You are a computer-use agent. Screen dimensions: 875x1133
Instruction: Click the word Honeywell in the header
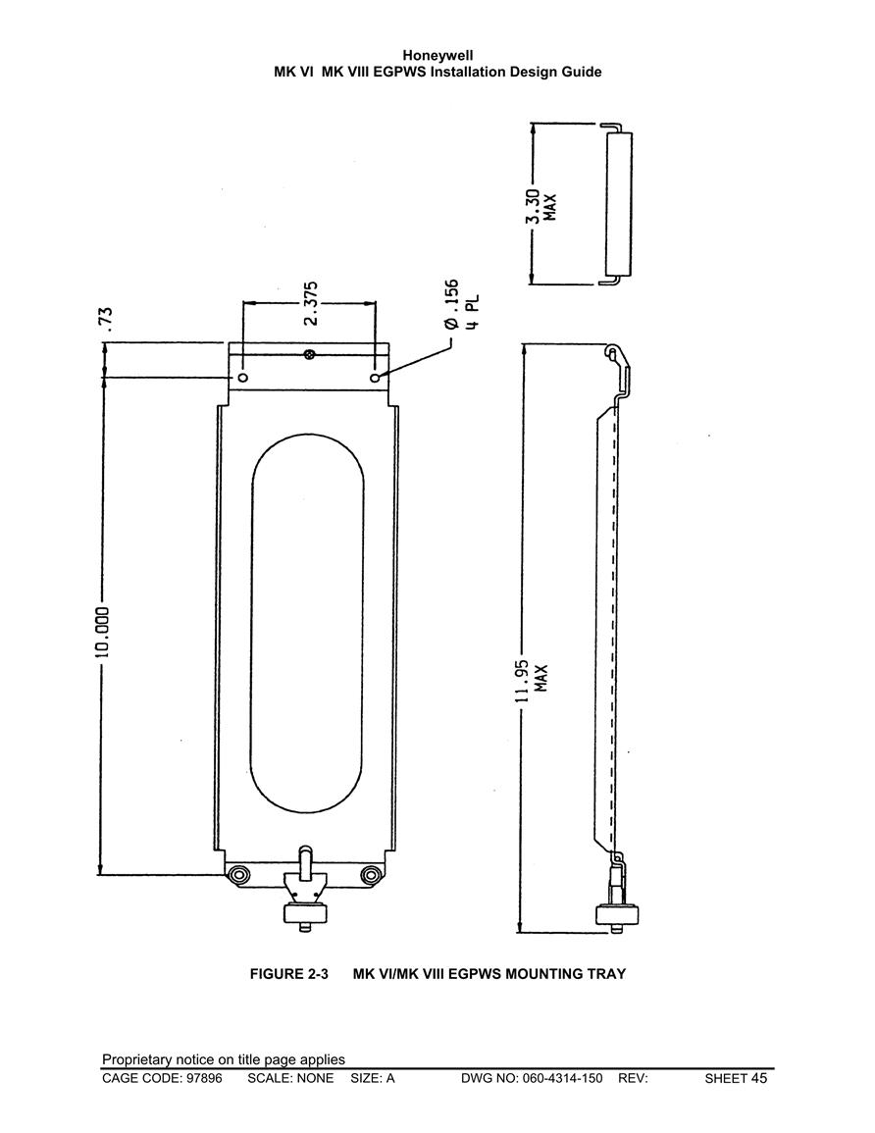pos(437,56)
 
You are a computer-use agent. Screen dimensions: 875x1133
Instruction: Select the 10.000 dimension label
pos(103,632)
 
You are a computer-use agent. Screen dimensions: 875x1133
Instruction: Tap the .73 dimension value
pos(106,319)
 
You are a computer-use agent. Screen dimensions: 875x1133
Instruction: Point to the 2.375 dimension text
pos(310,303)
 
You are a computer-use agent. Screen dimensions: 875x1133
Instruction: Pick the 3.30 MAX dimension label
pos(540,207)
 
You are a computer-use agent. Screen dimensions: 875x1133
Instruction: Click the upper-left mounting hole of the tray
pos(242,378)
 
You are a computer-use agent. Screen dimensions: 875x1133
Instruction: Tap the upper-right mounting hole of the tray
pos(375,378)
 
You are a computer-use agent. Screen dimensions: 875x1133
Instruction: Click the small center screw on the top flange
pos(309,354)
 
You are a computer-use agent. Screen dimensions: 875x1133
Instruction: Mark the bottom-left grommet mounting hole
pos(237,875)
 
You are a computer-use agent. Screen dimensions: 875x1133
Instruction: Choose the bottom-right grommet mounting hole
pos(372,875)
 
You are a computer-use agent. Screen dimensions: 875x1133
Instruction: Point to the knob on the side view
pos(618,915)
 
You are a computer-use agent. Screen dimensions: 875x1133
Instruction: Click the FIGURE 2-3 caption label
pos(289,973)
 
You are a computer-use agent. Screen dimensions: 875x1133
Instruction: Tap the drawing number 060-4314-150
pos(562,1079)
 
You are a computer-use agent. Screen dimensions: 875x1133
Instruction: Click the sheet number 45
pos(759,1078)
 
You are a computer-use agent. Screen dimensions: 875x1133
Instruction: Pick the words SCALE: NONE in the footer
pos(290,1079)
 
